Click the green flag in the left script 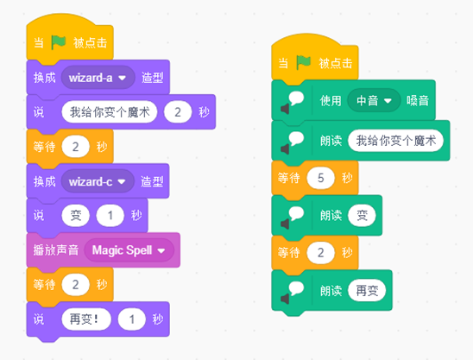59,42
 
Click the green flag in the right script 304,63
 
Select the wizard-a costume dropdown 98,78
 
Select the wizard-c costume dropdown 98,181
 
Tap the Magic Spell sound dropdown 129,250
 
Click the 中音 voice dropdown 374,100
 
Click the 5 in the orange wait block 321,178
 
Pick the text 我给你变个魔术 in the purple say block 110,112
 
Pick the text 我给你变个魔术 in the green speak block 396,141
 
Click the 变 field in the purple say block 75,216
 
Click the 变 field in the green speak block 362,216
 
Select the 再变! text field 86,319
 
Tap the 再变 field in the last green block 367,291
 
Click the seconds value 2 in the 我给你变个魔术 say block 178,112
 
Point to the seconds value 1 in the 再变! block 132,319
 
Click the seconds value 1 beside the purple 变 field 110,216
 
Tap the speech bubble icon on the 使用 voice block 292,102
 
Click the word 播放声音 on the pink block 56,250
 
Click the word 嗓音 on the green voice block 418,100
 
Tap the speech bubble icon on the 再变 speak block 292,292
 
